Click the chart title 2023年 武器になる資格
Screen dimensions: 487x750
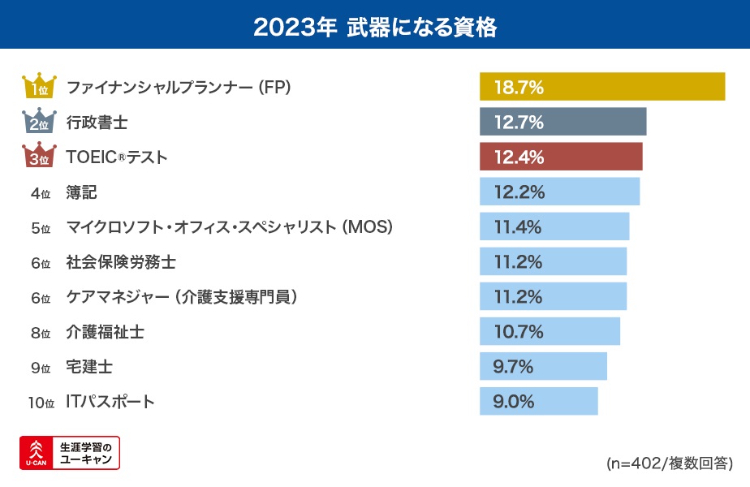pyautogui.click(x=374, y=27)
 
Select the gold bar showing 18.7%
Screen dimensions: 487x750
pyautogui.click(x=601, y=87)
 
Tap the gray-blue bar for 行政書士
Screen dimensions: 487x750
pyautogui.click(x=562, y=122)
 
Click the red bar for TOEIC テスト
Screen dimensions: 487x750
pyautogui.click(x=561, y=157)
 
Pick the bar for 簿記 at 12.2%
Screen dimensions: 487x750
pyautogui.click(x=559, y=192)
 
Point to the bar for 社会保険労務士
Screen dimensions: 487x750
pyautogui.click(x=553, y=261)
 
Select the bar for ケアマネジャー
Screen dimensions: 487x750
pyautogui.click(x=553, y=296)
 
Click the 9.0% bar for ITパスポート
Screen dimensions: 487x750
pyautogui.click(x=538, y=401)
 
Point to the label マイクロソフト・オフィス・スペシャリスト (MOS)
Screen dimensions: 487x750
pyautogui.click(x=230, y=227)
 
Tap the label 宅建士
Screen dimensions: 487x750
pyautogui.click(x=89, y=367)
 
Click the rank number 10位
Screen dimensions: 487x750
pyautogui.click(x=41, y=402)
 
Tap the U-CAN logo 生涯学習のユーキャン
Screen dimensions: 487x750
pyautogui.click(x=70, y=453)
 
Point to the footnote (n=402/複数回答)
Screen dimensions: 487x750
pyautogui.click(x=670, y=463)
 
